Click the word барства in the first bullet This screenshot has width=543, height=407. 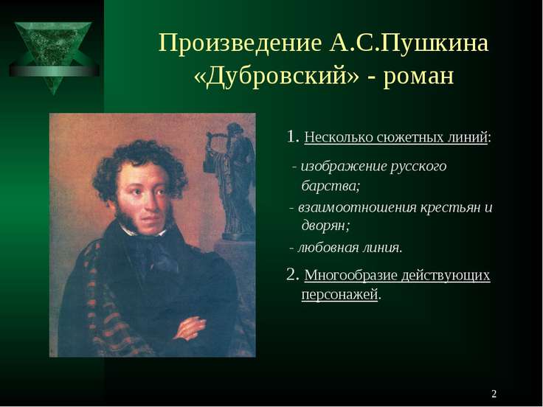pos(328,185)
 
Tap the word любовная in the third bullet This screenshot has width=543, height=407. pos(330,247)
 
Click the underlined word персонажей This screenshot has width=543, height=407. pos(339,295)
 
